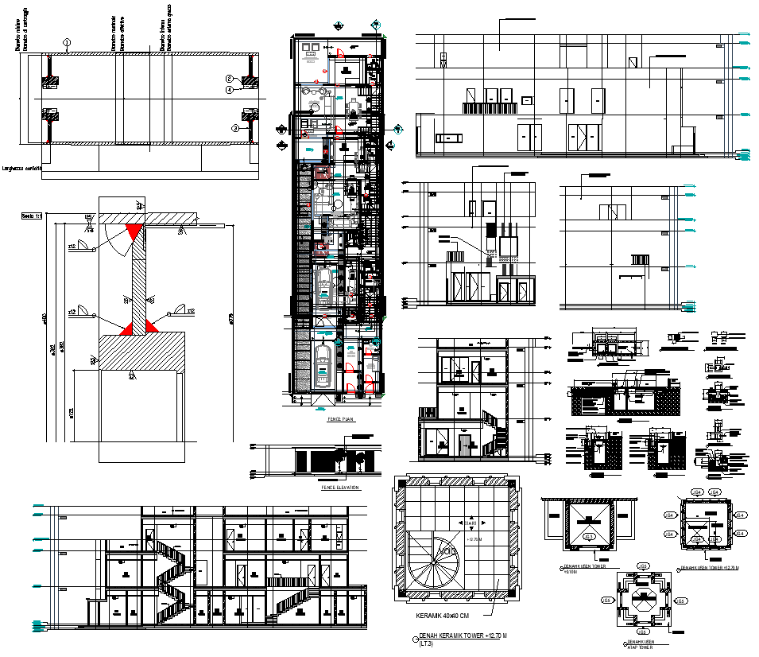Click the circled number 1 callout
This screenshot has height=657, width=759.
tap(68, 42)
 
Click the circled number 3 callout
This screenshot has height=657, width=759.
tap(235, 127)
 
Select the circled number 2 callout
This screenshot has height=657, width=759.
tap(228, 79)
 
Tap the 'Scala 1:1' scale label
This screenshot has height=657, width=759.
tap(32, 215)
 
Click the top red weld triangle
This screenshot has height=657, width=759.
tap(134, 231)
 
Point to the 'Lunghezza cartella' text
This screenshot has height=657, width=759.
tap(22, 168)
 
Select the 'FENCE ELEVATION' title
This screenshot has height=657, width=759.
tap(339, 488)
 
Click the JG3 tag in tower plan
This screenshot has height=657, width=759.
tap(589, 537)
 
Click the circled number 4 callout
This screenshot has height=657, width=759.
tap(228, 90)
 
